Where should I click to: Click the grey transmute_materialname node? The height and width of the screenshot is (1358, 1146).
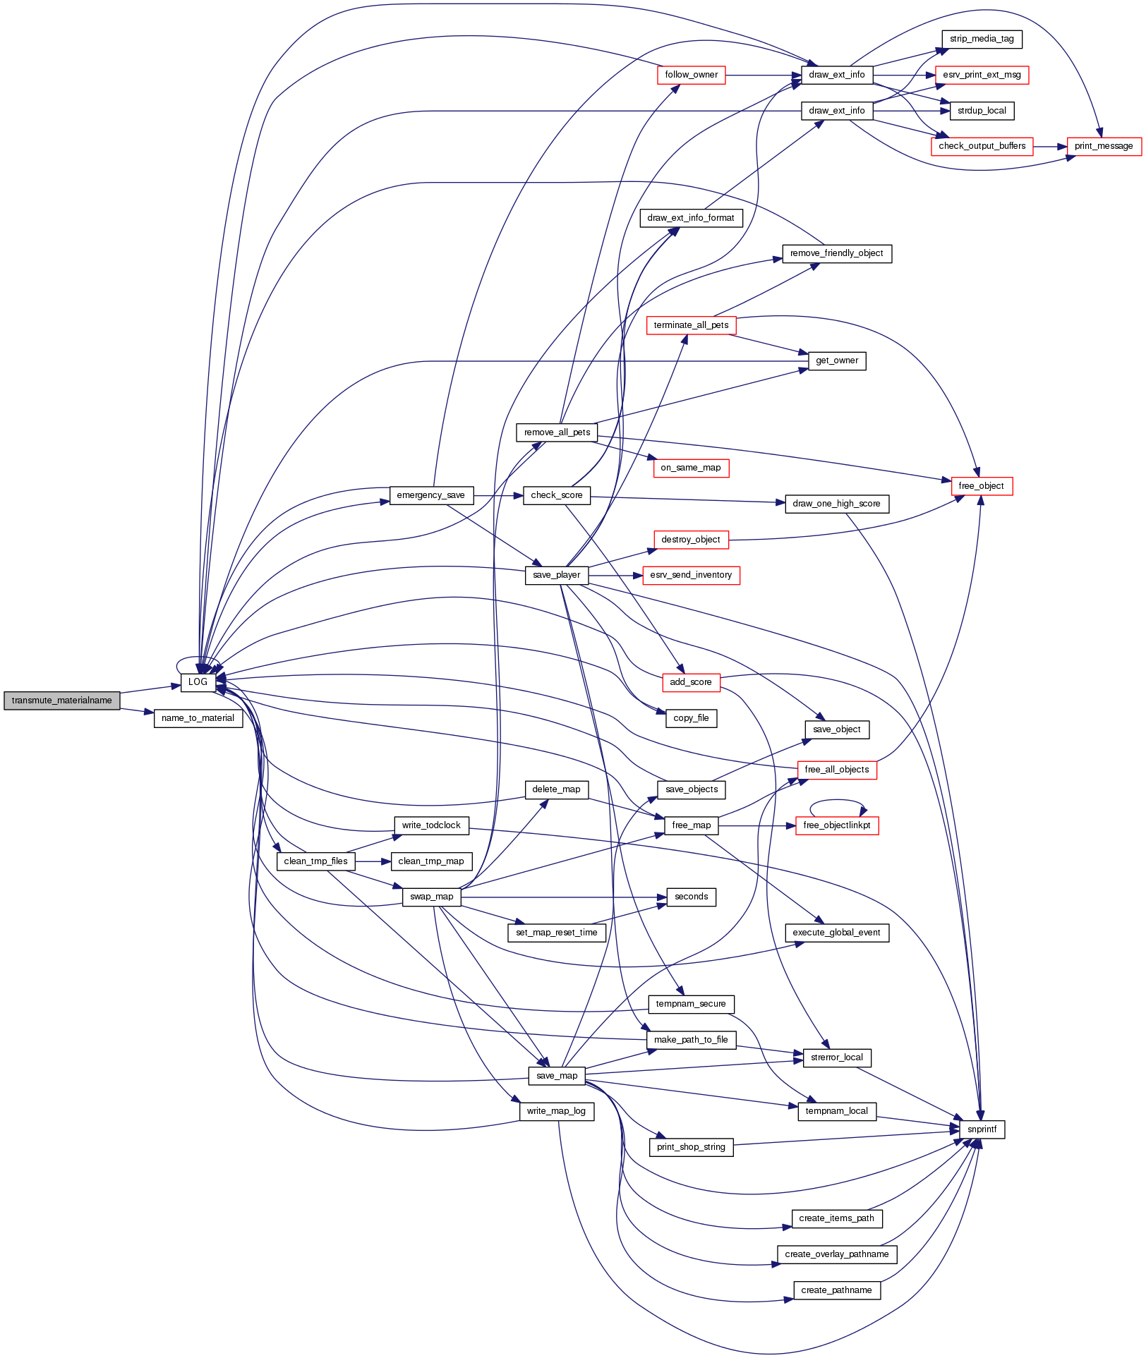pos(62,701)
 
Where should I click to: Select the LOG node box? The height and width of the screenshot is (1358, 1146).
pos(198,682)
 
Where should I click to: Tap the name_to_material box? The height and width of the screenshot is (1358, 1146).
pos(198,718)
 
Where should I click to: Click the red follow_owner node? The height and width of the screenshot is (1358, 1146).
pos(691,75)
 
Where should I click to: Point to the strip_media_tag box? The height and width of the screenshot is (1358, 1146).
pos(981,39)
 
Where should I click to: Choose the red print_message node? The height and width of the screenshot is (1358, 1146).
pos(1103,146)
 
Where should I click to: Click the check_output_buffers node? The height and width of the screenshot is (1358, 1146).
pos(982,146)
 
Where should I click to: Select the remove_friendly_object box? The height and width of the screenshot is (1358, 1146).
pos(836,253)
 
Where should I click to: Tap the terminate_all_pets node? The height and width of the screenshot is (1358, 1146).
pos(691,325)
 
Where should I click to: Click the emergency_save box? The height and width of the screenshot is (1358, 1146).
pos(430,495)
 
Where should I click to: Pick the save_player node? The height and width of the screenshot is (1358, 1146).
pos(556,575)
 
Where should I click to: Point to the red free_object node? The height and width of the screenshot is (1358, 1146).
pos(981,486)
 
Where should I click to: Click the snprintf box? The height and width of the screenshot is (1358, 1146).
pos(982,1129)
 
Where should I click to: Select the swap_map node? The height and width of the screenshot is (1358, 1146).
pos(431,897)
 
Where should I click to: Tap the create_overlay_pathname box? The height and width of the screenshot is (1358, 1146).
pos(836,1254)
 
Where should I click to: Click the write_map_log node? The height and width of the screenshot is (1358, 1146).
pos(556,1111)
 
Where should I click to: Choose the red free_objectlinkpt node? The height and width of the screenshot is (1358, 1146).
pos(836,825)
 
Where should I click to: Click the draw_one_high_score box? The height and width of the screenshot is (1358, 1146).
pos(836,504)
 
